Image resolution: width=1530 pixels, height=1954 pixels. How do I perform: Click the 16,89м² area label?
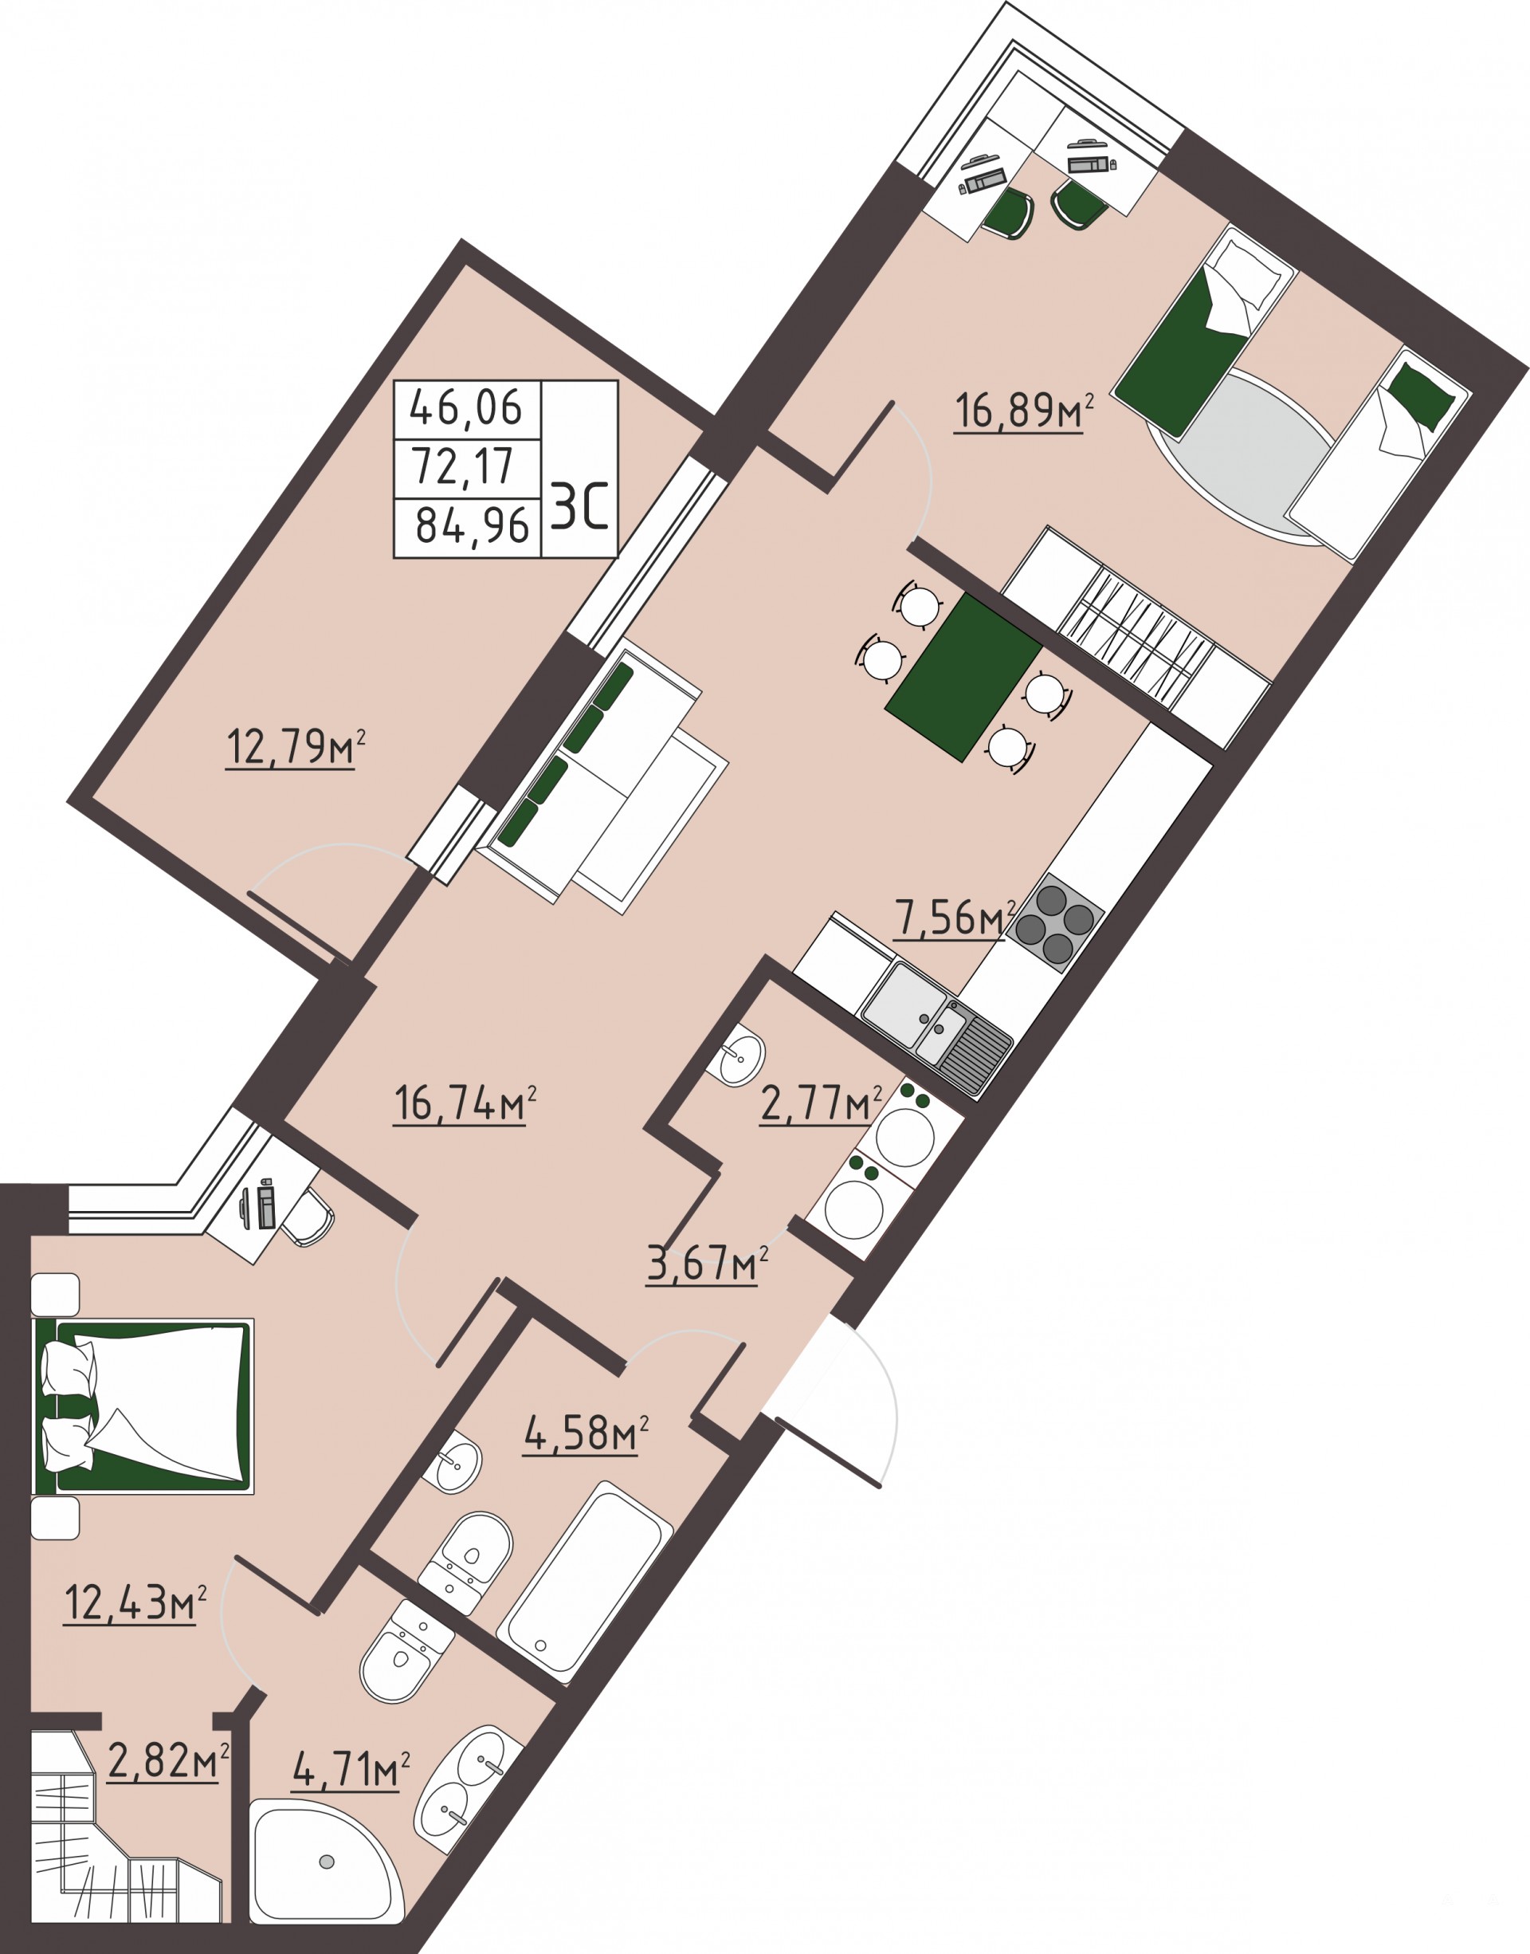(1025, 411)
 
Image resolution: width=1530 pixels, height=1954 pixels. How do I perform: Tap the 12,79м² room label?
(296, 747)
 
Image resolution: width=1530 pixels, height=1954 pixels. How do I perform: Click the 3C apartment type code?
(580, 507)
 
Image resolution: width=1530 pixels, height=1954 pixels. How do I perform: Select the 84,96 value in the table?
(472, 526)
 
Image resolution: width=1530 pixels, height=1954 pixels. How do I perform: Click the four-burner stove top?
(1055, 923)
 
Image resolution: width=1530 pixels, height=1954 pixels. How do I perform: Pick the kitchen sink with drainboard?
(937, 1029)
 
